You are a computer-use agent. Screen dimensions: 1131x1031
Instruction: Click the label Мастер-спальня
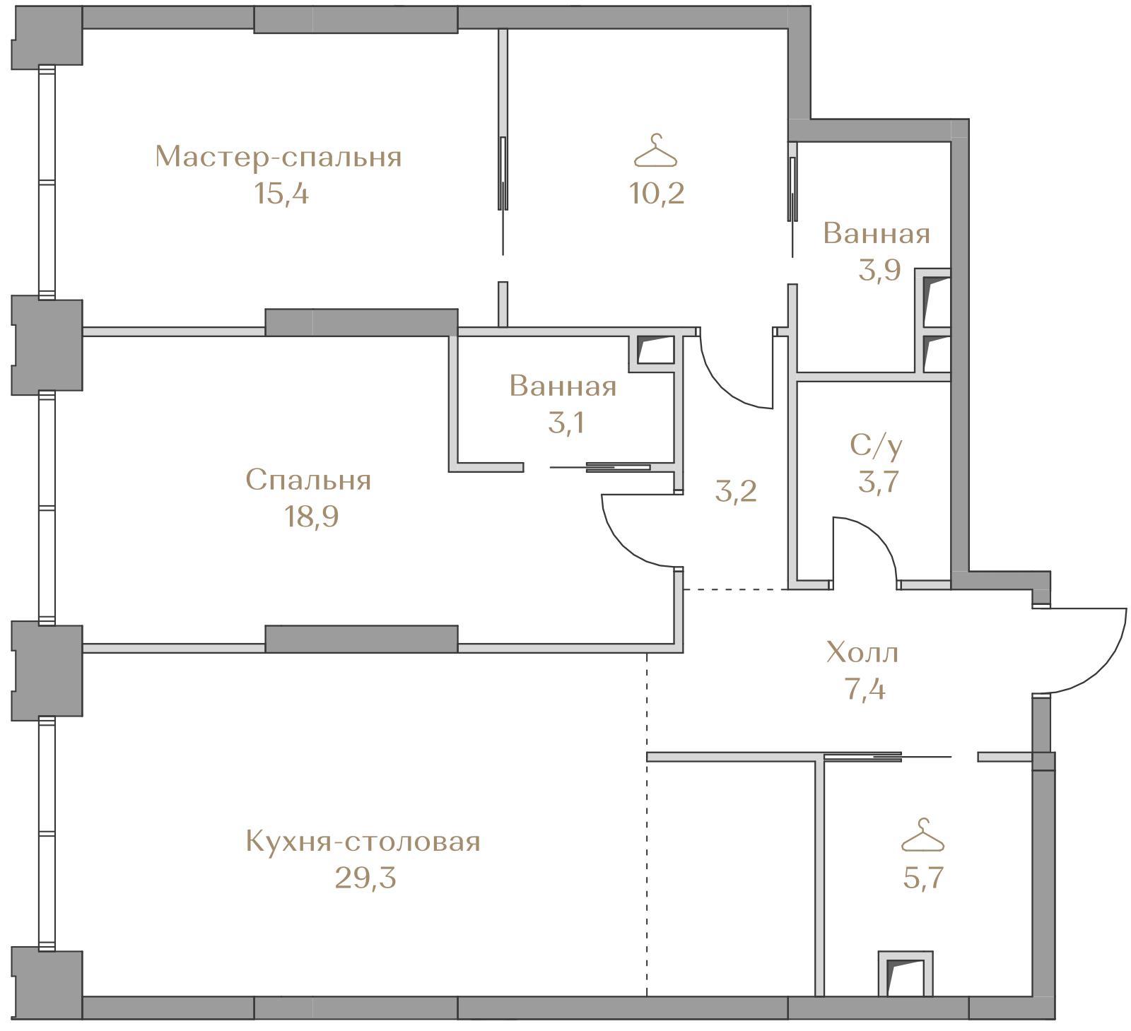click(279, 157)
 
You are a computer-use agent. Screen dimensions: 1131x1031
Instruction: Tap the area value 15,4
click(281, 193)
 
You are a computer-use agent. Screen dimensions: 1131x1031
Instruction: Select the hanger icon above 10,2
click(657, 150)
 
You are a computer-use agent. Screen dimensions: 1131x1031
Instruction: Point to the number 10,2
click(657, 193)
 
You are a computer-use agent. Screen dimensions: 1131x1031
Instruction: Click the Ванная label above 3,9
click(877, 233)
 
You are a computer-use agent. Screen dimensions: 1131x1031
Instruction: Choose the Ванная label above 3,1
click(563, 387)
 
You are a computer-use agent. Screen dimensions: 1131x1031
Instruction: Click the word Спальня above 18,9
click(308, 480)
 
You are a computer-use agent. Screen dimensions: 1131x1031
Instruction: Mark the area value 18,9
click(311, 517)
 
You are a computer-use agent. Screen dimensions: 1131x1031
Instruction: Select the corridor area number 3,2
click(736, 491)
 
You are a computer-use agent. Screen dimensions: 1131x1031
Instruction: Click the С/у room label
click(877, 445)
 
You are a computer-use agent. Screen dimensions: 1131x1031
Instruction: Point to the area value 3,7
click(878, 482)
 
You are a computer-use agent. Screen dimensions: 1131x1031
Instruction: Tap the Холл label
click(863, 652)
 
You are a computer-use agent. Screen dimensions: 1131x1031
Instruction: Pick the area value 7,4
click(865, 688)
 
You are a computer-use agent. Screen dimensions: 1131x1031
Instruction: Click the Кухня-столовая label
click(363, 842)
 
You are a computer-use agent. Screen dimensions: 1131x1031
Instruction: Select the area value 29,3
click(365, 878)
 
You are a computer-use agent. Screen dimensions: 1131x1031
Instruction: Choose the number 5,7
click(923, 878)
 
